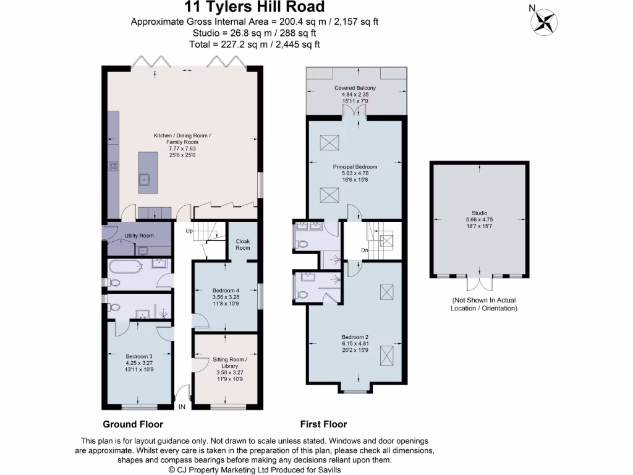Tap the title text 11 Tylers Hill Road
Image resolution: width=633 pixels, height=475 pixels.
pos(255,7)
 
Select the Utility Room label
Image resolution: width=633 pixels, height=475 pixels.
pos(138,236)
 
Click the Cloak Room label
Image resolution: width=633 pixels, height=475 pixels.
pos(243,244)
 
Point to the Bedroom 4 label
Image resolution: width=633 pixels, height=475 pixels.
pos(226,294)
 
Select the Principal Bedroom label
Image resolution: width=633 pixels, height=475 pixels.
pos(355,170)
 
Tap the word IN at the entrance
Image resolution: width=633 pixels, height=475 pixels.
pos(182,408)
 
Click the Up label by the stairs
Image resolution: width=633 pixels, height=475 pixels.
pos(190,230)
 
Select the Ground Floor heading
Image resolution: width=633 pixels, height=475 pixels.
pos(133,424)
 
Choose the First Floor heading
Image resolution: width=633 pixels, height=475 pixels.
pos(323,424)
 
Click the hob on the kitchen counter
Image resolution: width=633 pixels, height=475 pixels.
pos(114,165)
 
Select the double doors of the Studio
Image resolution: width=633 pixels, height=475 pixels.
pos(480,283)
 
